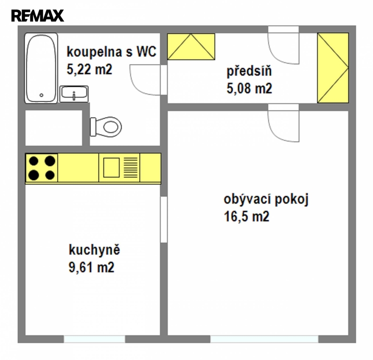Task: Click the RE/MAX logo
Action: click(x=38, y=15)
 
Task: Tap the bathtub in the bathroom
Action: click(x=41, y=68)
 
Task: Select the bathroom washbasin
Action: click(x=74, y=94)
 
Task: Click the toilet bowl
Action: click(x=106, y=127)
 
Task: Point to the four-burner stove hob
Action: click(x=42, y=168)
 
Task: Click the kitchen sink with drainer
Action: click(x=120, y=167)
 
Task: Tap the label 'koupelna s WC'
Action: click(x=111, y=52)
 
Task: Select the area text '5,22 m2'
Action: click(x=89, y=69)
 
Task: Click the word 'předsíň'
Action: click(x=249, y=71)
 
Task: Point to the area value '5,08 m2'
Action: click(x=249, y=89)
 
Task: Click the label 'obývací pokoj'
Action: click(x=266, y=199)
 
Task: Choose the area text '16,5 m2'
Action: click(x=246, y=217)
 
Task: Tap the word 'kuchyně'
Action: click(x=94, y=250)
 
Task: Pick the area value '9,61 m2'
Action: click(x=91, y=267)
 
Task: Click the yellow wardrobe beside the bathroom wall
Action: click(x=191, y=46)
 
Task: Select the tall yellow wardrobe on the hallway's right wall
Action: click(x=333, y=68)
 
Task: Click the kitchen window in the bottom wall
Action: click(x=94, y=339)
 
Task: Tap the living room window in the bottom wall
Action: click(x=264, y=339)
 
